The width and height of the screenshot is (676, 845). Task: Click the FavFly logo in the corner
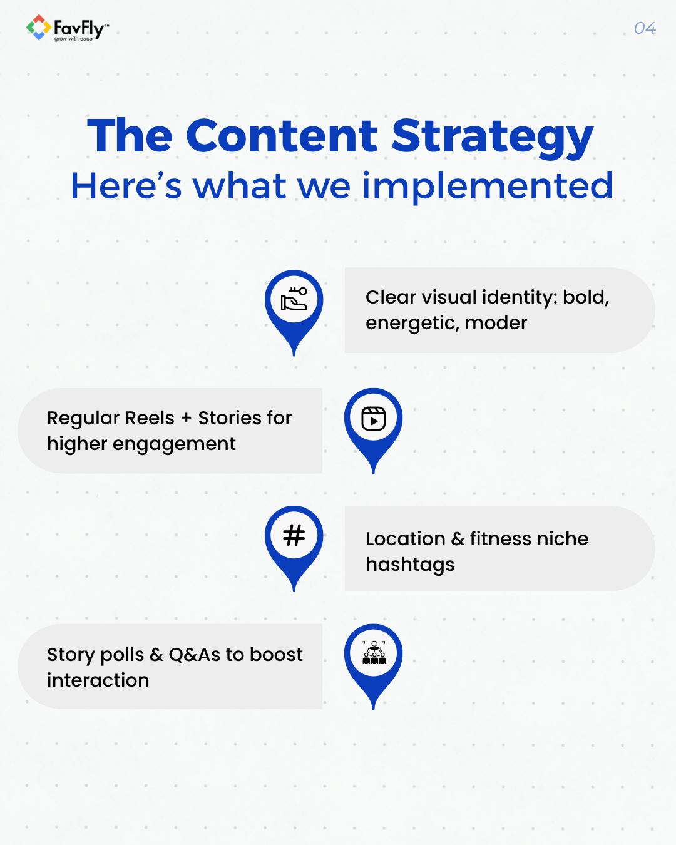67,29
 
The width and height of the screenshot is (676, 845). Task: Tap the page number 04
645,28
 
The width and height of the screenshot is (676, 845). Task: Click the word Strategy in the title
493,136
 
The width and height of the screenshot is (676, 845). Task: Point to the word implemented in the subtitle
488,186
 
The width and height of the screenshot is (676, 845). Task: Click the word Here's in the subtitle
126,186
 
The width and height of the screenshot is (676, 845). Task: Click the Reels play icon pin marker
374,419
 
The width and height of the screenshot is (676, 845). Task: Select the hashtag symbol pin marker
294,536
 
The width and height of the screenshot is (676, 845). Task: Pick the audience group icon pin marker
374,653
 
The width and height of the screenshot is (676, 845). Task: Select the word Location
406,539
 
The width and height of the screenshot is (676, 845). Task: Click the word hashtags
410,565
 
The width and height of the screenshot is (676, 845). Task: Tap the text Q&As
195,655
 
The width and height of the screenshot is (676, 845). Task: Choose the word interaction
98,680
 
